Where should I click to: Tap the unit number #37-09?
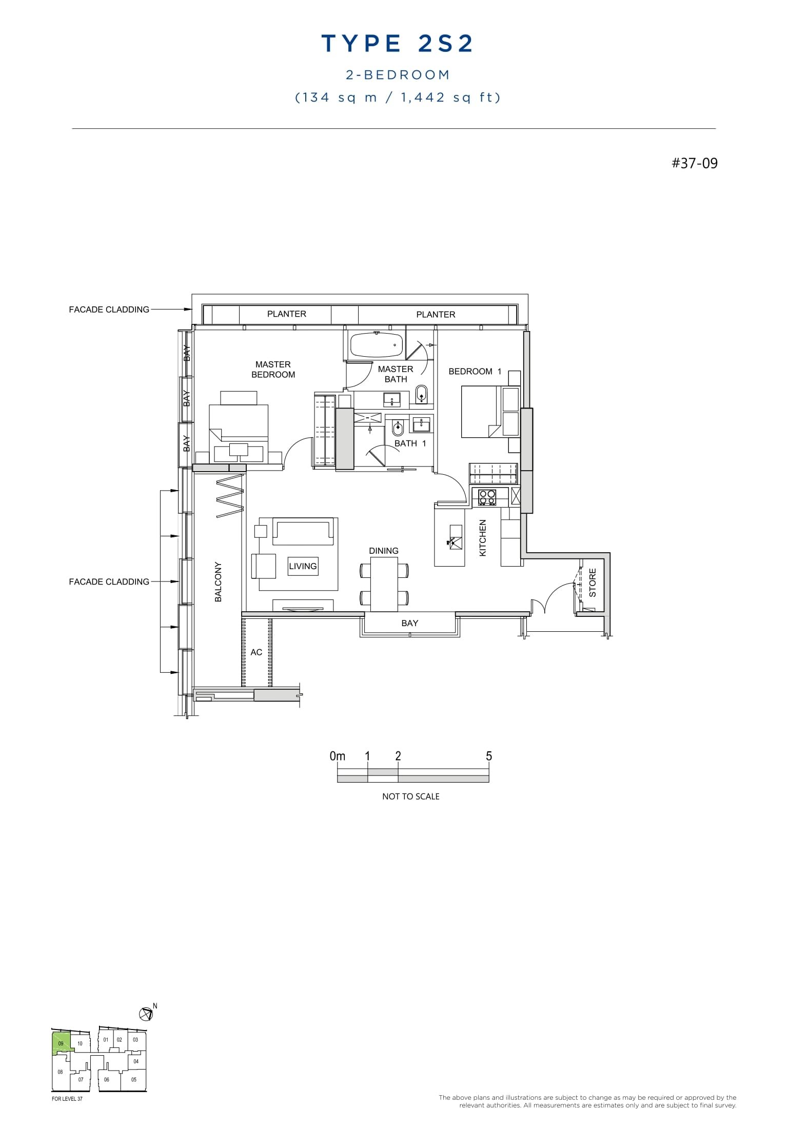pyautogui.click(x=694, y=163)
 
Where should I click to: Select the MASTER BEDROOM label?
pyautogui.click(x=273, y=370)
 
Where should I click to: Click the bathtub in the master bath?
pyautogui.click(x=377, y=345)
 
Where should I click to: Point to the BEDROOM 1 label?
pyautogui.click(x=475, y=371)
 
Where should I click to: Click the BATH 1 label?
pyautogui.click(x=410, y=443)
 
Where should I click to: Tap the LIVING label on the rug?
pyautogui.click(x=303, y=566)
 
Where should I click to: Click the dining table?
pyautogui.click(x=384, y=584)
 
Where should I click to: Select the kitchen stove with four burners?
pyautogui.click(x=487, y=497)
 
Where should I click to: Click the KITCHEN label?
pyautogui.click(x=482, y=538)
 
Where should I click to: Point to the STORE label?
pyautogui.click(x=593, y=582)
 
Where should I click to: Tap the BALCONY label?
pyautogui.click(x=218, y=581)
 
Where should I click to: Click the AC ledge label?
pyautogui.click(x=256, y=652)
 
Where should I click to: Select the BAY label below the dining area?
pyautogui.click(x=409, y=623)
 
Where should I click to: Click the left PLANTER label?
pyautogui.click(x=286, y=314)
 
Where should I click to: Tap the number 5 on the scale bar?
pyautogui.click(x=488, y=756)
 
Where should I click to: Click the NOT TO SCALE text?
pyautogui.click(x=410, y=797)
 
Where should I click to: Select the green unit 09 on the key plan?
pyautogui.click(x=60, y=1043)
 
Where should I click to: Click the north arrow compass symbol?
pyautogui.click(x=146, y=1014)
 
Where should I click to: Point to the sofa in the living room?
pyautogui.click(x=302, y=531)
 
